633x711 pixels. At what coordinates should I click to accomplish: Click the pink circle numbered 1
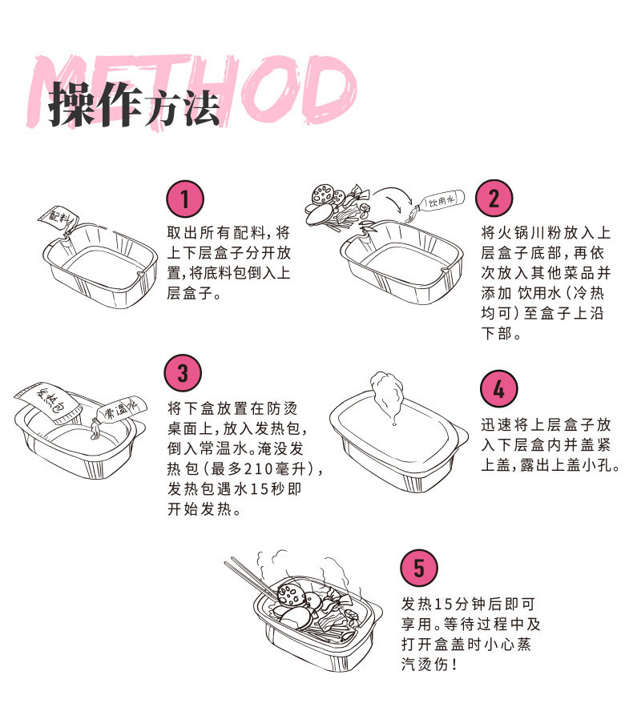tap(185, 198)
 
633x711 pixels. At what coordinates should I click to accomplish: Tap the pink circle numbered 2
tap(493, 198)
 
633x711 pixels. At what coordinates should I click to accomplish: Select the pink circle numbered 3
tap(183, 372)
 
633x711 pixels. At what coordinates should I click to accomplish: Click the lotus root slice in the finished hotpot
tap(288, 592)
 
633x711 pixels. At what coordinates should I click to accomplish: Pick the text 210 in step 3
tap(264, 468)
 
